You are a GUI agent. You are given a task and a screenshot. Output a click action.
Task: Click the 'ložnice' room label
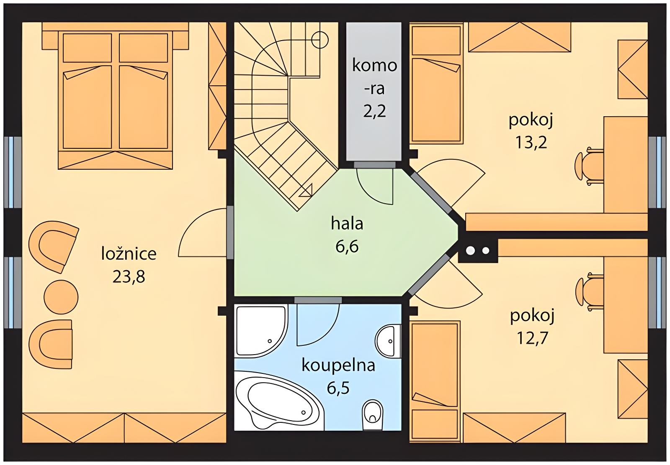pyautogui.click(x=129, y=253)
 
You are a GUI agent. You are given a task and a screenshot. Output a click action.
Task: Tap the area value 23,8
pyautogui.click(x=129, y=276)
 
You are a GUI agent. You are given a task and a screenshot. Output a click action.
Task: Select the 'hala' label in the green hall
pyautogui.click(x=347, y=223)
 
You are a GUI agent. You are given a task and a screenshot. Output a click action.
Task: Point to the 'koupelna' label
pyautogui.click(x=338, y=365)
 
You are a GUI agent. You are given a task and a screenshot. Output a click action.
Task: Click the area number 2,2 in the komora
pyautogui.click(x=374, y=111)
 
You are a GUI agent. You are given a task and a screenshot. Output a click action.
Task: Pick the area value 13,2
pyautogui.click(x=531, y=142)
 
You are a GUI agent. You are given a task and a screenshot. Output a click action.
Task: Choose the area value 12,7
pyautogui.click(x=532, y=338)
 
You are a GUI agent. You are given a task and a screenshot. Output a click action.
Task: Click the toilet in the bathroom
pyautogui.click(x=373, y=416)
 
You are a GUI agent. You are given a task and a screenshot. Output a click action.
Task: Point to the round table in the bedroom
pyautogui.click(x=61, y=297)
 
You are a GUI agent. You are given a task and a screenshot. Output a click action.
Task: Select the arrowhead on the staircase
pyautogui.click(x=306, y=191)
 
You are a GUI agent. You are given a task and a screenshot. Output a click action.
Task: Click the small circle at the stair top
pyautogui.click(x=320, y=40)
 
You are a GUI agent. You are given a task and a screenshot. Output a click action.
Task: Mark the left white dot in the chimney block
pyautogui.click(x=471, y=250)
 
